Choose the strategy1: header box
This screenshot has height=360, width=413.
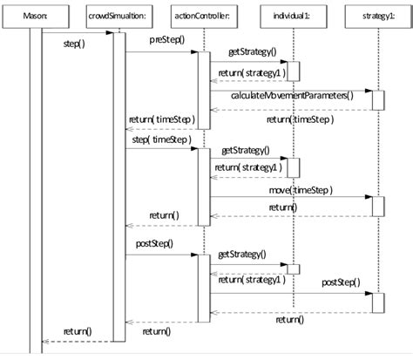[378, 15]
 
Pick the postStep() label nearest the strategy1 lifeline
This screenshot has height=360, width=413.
[340, 283]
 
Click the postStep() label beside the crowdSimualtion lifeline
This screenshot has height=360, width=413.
[154, 243]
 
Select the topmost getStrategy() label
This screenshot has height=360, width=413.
[252, 52]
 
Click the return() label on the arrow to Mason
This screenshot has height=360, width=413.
[78, 331]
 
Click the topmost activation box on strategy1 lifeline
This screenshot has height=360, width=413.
[378, 99]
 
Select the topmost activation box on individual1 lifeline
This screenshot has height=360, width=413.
[295, 71]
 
